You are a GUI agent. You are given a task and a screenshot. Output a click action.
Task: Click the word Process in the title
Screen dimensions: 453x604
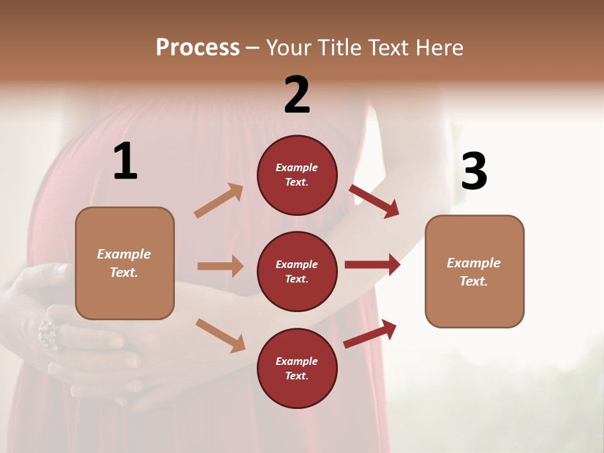(198, 48)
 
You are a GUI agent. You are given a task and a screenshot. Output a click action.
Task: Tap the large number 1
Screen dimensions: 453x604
(125, 161)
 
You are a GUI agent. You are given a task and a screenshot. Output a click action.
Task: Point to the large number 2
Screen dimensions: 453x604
(297, 94)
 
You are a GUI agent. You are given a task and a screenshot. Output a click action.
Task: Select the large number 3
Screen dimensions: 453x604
(474, 171)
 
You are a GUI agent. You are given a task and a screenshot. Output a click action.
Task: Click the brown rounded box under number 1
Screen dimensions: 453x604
(125, 263)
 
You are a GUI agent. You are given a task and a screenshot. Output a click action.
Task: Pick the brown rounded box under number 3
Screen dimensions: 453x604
(474, 271)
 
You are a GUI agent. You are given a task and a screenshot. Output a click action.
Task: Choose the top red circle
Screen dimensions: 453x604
(297, 175)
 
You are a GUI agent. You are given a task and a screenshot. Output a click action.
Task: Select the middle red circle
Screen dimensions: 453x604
(297, 271)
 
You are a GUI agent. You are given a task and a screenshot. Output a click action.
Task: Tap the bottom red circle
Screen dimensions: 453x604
(297, 368)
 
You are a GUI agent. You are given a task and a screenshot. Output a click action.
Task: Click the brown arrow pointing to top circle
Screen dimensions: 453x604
(219, 201)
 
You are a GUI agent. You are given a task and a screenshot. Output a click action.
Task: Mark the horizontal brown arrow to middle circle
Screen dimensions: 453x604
(220, 266)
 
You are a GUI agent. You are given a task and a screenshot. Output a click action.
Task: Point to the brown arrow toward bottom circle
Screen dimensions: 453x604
(220, 335)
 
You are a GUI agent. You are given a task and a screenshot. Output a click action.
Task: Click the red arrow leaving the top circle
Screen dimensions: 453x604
(374, 201)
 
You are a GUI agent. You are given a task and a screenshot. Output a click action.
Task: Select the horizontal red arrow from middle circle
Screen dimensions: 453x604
(372, 264)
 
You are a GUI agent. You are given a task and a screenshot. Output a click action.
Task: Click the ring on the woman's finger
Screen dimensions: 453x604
(48, 334)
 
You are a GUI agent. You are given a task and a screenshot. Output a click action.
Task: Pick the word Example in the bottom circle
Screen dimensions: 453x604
(297, 361)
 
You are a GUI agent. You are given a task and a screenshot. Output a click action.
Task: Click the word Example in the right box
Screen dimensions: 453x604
(474, 263)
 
